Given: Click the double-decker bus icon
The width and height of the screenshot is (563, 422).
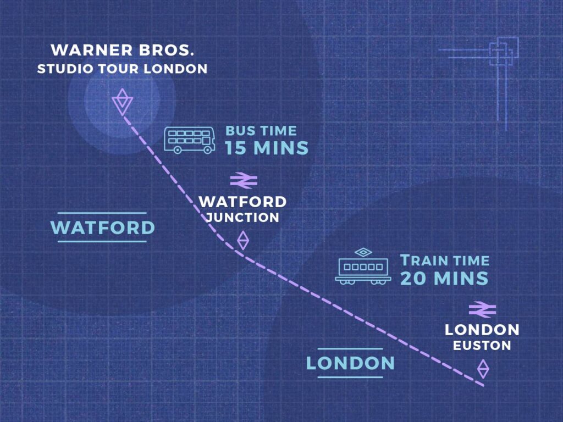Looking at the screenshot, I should point(190,140).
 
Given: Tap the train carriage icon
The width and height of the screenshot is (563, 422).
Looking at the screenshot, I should point(363,269).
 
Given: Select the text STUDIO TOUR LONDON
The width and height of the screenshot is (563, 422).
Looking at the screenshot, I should point(122,69).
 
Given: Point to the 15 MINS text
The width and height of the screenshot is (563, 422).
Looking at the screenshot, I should point(267,148).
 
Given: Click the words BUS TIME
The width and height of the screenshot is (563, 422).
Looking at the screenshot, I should point(261,131).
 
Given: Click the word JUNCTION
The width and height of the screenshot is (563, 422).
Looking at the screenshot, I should point(242,218).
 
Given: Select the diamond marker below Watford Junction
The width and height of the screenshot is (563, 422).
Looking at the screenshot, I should point(242,240).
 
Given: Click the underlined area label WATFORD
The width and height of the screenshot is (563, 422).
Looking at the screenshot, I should point(102,227).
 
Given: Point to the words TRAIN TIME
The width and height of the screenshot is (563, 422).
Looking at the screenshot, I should point(444,260).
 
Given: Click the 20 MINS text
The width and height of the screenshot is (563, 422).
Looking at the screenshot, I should point(444,278).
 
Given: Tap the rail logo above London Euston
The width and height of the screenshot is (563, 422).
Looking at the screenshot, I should point(483,309).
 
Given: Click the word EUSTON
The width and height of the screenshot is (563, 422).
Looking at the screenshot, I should point(482,346).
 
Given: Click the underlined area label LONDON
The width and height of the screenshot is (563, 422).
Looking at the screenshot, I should point(350,363).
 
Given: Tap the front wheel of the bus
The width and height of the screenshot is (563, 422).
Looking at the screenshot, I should point(207,150).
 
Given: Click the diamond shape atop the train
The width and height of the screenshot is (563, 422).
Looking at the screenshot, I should point(363,252).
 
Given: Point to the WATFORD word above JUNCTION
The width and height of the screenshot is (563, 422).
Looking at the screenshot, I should point(242,202).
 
